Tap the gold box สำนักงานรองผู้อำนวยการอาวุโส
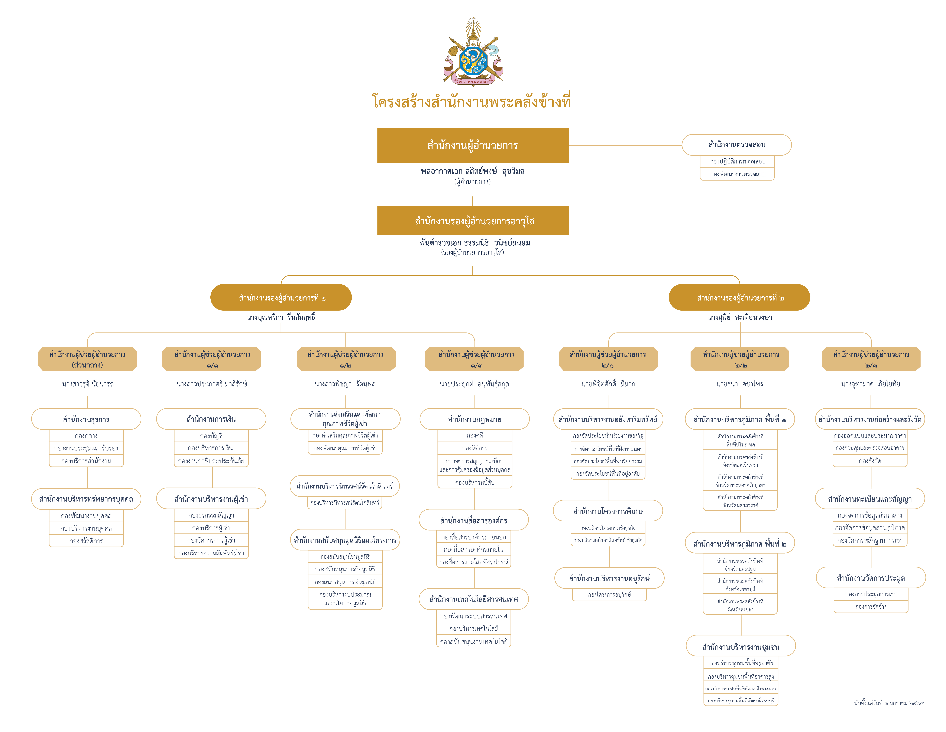(473, 221)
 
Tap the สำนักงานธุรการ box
(86, 419)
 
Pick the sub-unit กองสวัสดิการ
(86, 541)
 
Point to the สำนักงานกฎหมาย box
(475, 419)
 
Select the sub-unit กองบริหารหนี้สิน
(475, 482)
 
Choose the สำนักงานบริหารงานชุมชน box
(741, 647)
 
